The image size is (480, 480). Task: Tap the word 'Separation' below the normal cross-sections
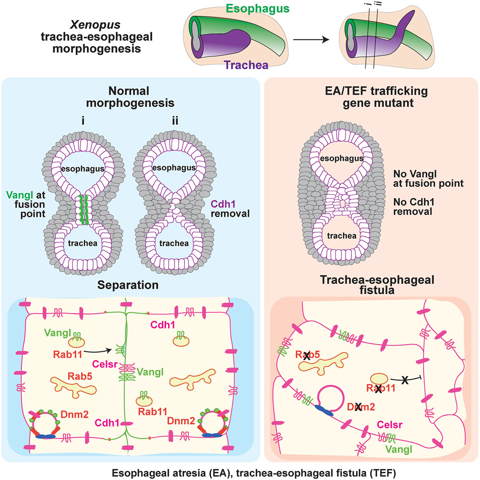(129, 285)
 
